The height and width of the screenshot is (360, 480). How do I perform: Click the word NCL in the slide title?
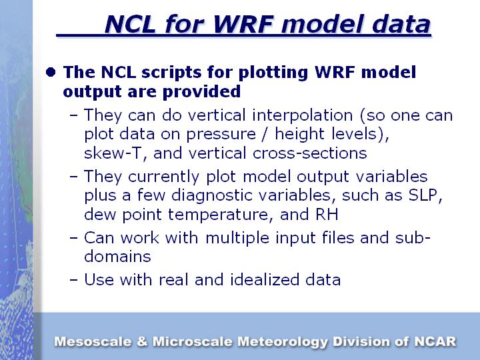tap(130, 24)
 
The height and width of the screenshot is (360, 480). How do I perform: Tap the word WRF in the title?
tap(243, 24)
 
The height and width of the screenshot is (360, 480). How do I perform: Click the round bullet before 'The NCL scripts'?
tap(51, 72)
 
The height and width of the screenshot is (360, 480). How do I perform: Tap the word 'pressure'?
tap(221, 135)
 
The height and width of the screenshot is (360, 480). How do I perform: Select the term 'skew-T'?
tap(113, 153)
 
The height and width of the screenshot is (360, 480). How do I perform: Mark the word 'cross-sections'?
tap(309, 153)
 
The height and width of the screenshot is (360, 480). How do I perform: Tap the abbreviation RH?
tap(327, 214)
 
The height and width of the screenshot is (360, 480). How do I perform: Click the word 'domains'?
tap(117, 257)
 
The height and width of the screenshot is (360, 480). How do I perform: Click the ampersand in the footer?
tap(142, 341)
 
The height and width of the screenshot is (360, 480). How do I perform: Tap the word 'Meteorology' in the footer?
tap(283, 342)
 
